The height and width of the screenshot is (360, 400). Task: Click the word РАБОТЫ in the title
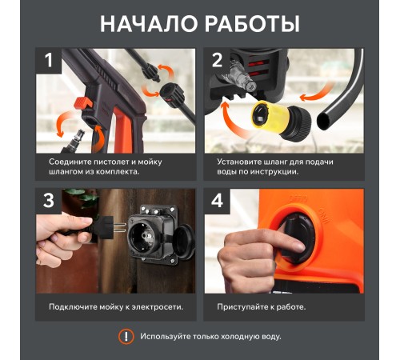[x=252, y=23]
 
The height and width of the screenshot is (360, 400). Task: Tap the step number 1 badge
[x=49, y=60]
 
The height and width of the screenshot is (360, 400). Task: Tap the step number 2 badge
[x=216, y=60]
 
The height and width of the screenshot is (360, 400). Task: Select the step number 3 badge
[x=49, y=200]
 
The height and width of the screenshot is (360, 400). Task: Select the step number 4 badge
[x=216, y=200]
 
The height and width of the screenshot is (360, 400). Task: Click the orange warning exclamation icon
[x=126, y=336]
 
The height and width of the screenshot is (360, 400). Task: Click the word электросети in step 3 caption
[x=158, y=306]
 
